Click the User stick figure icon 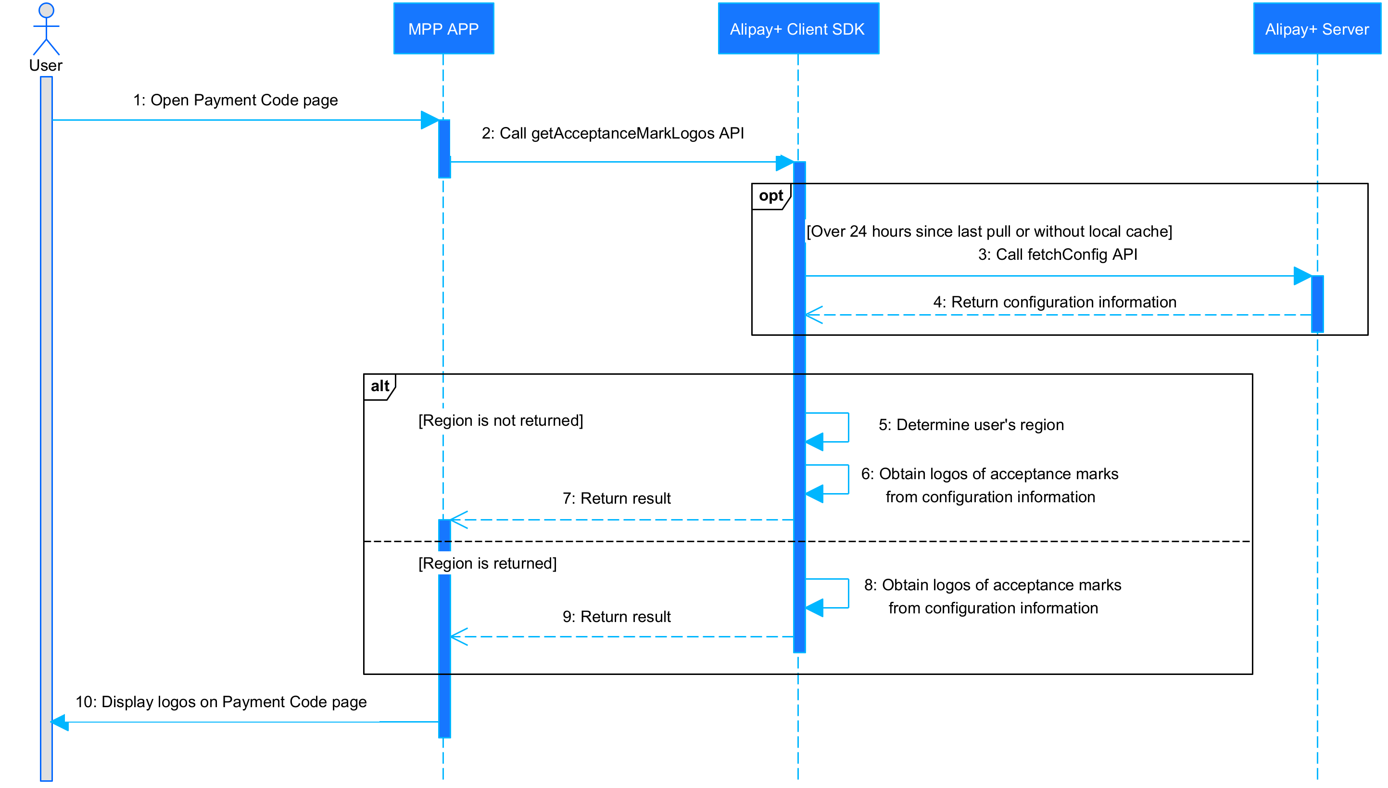pos(46,30)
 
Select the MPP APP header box pos(443,29)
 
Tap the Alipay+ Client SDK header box pos(797,29)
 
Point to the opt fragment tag pos(770,196)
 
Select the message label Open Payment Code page pos(235,100)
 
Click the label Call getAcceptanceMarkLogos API pos(612,133)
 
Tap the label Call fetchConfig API pos(1057,254)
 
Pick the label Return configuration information pos(1054,302)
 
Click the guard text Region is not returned pos(500,420)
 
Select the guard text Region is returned pos(487,563)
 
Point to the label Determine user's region pos(971,425)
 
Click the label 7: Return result pos(616,498)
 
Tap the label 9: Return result pos(616,617)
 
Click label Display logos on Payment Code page pos(221,702)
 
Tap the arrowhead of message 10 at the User pos(60,722)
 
